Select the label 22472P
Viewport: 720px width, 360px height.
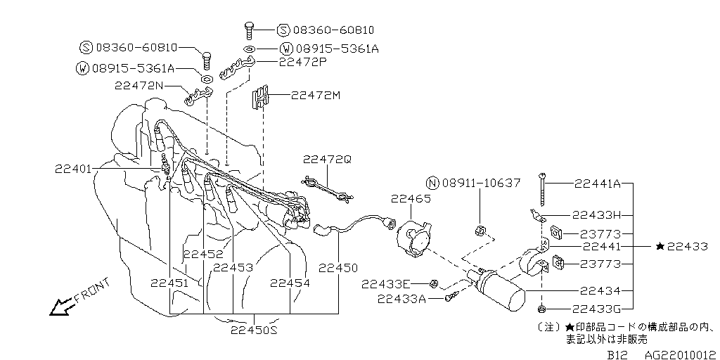click(303, 62)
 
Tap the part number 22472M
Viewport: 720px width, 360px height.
click(315, 95)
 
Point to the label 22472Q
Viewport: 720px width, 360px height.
click(328, 160)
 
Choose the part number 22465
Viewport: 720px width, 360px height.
click(411, 199)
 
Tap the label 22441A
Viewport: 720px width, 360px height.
click(596, 184)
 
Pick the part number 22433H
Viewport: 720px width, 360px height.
click(596, 215)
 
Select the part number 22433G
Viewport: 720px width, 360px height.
click(596, 309)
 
